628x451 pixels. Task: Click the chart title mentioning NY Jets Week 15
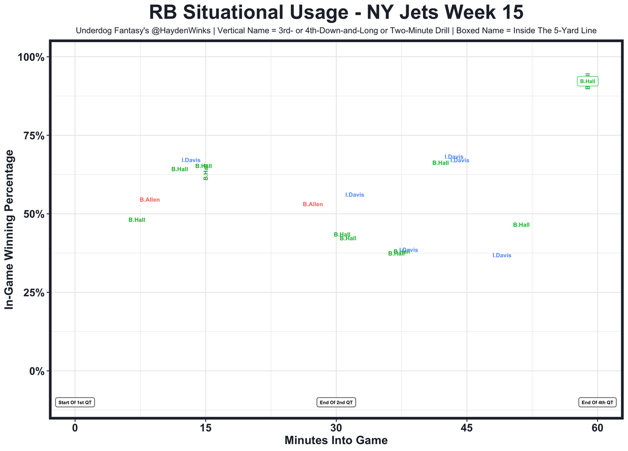point(336,13)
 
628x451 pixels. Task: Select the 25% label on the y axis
point(34,292)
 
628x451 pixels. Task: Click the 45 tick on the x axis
point(467,427)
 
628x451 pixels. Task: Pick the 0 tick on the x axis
point(75,427)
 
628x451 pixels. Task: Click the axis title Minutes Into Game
point(336,440)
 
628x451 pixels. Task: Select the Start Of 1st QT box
point(75,402)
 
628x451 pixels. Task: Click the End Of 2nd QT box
point(336,402)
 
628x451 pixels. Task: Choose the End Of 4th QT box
point(597,402)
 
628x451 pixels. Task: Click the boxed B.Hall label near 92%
point(588,81)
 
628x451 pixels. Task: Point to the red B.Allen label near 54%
point(150,200)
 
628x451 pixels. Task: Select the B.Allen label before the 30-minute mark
point(313,204)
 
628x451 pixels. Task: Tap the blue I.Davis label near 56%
point(355,195)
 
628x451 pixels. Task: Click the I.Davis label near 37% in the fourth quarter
point(502,255)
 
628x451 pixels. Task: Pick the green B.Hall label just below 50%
point(137,220)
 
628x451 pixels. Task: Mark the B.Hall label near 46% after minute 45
point(521,225)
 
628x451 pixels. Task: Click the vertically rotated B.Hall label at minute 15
point(206,173)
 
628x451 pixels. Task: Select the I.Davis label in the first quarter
point(191,160)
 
